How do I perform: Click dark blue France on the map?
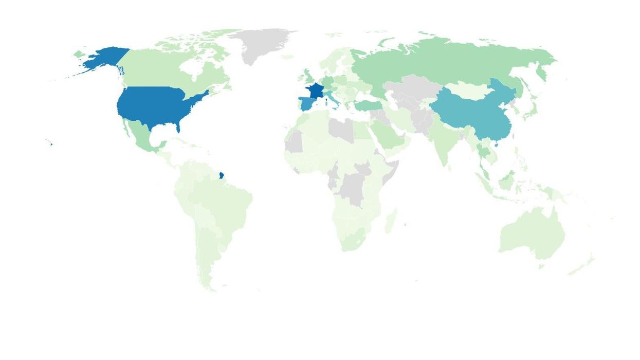click(315, 91)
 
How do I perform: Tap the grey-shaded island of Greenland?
click(260, 44)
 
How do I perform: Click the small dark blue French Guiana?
click(221, 176)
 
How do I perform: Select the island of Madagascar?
click(391, 220)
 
